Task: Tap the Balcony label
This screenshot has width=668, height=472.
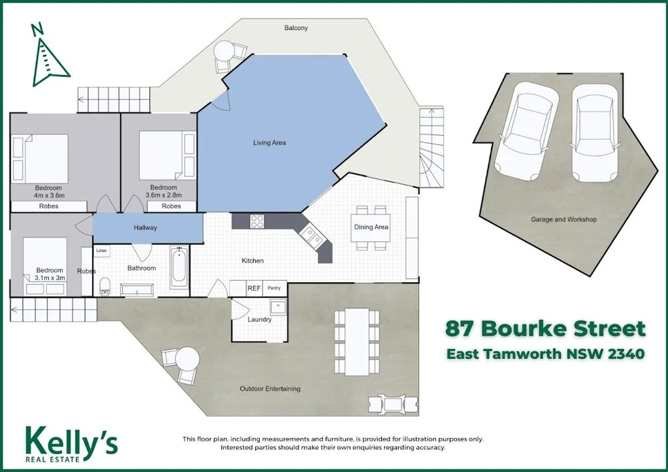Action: point(295,28)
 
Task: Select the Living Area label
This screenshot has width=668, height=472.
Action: point(269,142)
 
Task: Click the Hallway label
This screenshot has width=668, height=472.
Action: point(145,228)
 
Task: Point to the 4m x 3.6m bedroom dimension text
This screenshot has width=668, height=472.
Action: point(49,196)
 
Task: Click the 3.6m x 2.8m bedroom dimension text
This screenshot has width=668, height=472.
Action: point(164,196)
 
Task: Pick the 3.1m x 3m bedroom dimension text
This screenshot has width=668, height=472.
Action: point(50,278)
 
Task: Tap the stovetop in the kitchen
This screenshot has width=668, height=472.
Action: point(258,221)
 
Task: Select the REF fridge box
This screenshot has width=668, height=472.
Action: point(254,288)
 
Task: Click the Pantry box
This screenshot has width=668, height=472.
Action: point(274,288)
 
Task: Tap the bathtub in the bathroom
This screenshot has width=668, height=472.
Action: point(179,267)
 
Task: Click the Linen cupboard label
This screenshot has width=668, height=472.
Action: point(101,251)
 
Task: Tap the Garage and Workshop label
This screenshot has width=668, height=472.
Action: point(564,219)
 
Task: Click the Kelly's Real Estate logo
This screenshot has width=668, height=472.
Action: point(71,443)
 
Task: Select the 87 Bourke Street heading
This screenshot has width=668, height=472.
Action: point(546,329)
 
